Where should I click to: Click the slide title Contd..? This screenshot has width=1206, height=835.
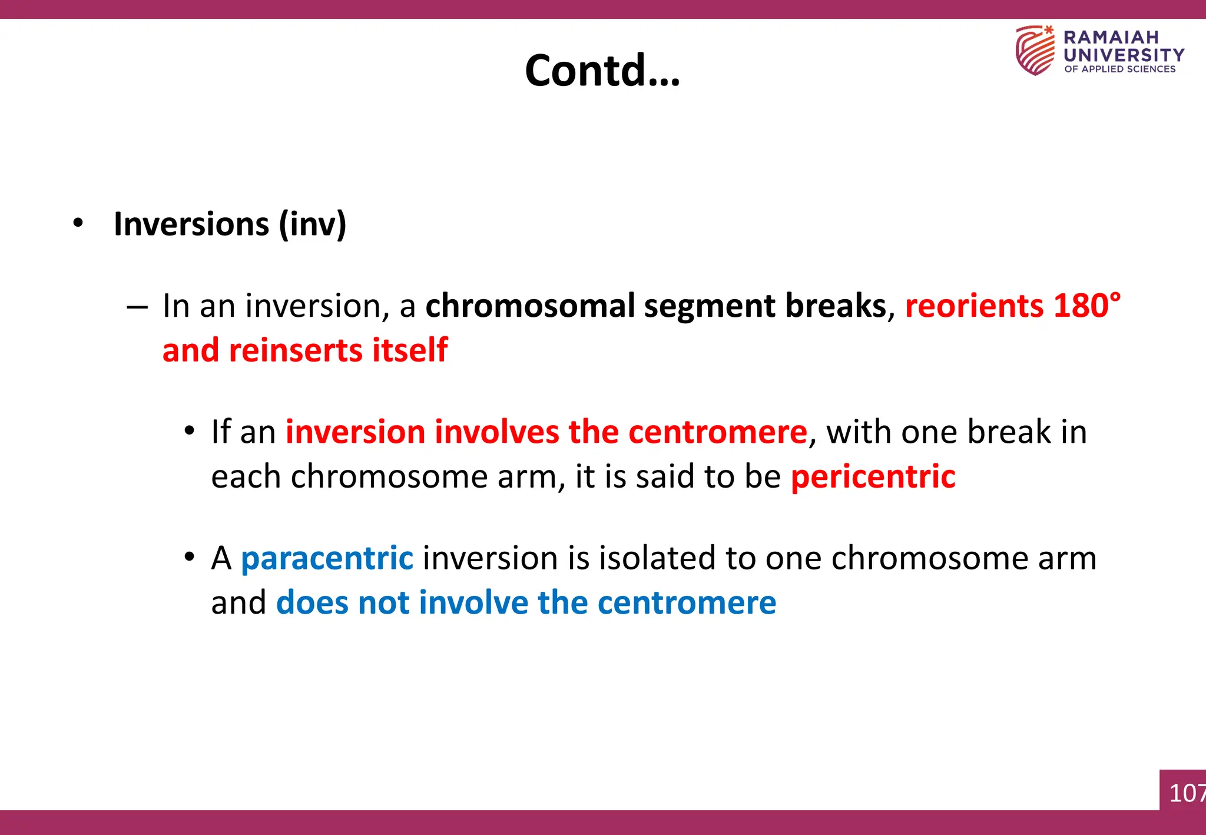[602, 71]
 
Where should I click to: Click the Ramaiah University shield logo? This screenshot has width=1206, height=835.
[1035, 50]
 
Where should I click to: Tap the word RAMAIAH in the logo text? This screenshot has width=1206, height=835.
[1111, 37]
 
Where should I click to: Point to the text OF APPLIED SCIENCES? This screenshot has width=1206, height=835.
[1119, 69]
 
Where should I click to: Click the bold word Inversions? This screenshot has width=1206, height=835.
[191, 224]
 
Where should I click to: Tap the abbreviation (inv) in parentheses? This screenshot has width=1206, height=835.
[313, 224]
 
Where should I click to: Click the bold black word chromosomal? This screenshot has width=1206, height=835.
[529, 306]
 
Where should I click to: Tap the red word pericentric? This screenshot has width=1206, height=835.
[873, 476]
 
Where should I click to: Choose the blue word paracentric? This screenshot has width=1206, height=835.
[327, 558]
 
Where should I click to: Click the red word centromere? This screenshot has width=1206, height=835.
[717, 432]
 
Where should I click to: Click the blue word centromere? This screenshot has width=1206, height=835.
[687, 603]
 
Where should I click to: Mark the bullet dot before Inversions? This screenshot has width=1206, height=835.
[78, 224]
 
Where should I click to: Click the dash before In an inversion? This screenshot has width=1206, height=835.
[137, 307]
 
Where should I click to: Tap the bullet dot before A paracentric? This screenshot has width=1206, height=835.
[188, 556]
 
